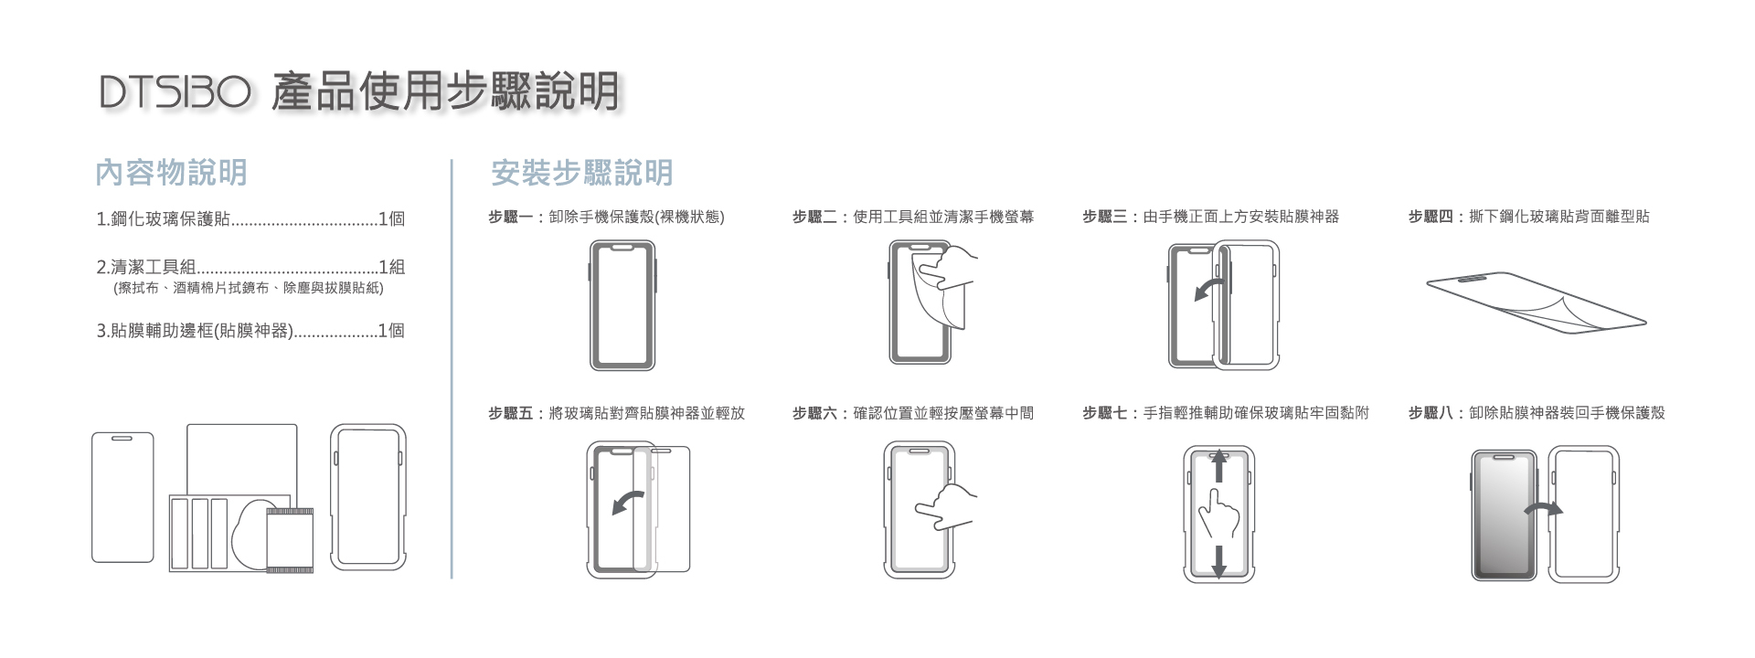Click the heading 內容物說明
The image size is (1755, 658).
171,172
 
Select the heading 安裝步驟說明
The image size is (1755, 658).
581,172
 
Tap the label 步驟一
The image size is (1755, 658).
510,218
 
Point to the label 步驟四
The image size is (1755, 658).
1431,218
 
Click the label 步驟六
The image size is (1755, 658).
814,413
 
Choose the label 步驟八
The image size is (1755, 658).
1431,413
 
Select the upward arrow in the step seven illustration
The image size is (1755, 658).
1218,466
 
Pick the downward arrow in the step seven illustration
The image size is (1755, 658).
1218,559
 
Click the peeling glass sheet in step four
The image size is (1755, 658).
1536,302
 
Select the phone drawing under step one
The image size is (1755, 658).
622,304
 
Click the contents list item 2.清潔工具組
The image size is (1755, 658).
146,268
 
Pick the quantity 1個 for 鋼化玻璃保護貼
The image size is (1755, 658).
391,219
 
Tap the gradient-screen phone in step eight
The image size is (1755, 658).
1504,515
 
